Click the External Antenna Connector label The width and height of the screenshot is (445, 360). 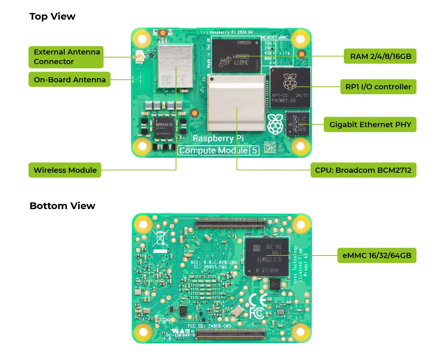pyautogui.click(x=66, y=57)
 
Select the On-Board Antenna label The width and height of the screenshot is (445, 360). pyautogui.click(x=69, y=79)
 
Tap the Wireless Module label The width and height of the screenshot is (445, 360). pyautogui.click(x=65, y=171)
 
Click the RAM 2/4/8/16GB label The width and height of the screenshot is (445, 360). pyautogui.click(x=380, y=56)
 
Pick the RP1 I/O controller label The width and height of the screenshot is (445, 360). pyautogui.click(x=378, y=87)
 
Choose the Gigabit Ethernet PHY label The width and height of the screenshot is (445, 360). pyautogui.click(x=370, y=125)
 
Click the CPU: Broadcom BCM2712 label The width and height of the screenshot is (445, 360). pyautogui.click(x=363, y=171)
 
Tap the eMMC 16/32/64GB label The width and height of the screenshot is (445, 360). pyautogui.click(x=377, y=255)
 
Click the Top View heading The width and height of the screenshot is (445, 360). pyautogui.click(x=52, y=17)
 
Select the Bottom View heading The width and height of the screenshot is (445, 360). pyautogui.click(x=62, y=206)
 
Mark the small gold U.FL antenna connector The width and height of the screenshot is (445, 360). pyautogui.click(x=140, y=57)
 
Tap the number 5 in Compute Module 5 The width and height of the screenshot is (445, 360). pyautogui.click(x=255, y=151)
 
